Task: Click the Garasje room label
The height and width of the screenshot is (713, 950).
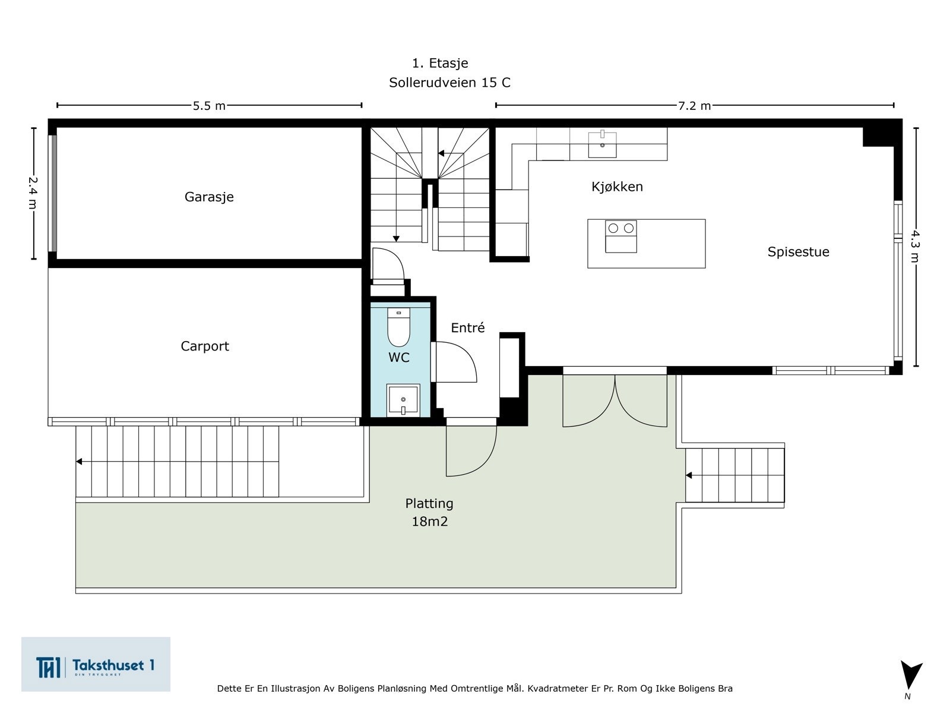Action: click(x=209, y=197)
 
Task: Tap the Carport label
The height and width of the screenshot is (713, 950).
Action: click(x=204, y=346)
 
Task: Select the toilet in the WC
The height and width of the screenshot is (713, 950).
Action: click(x=398, y=327)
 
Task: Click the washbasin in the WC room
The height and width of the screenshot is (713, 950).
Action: click(x=403, y=400)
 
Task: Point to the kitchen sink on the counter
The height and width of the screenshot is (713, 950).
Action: click(x=602, y=144)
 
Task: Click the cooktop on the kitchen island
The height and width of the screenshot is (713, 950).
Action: click(x=621, y=236)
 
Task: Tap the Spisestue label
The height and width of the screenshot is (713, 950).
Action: click(x=798, y=251)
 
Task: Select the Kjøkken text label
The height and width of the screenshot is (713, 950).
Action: click(x=617, y=187)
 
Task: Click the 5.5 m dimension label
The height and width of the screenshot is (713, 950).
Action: click(x=209, y=106)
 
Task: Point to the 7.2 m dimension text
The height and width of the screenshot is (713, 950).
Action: click(x=694, y=106)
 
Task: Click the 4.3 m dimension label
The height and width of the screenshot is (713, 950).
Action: click(x=915, y=246)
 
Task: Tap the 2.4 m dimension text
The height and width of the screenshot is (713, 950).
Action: click(x=33, y=193)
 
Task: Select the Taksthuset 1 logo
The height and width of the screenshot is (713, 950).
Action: click(x=96, y=664)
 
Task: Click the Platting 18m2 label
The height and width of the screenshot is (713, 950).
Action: click(x=429, y=512)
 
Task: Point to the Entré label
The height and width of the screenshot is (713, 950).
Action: click(x=467, y=328)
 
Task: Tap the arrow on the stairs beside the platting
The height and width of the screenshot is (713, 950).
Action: click(x=689, y=475)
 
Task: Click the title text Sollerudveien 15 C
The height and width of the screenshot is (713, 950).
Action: click(x=449, y=83)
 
